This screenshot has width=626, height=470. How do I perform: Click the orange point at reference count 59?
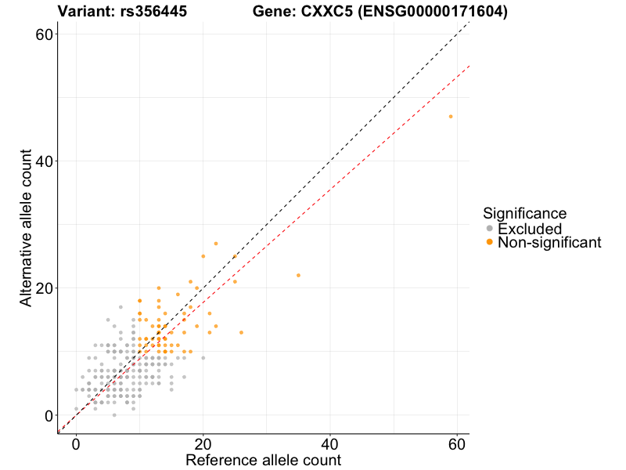tap(451, 116)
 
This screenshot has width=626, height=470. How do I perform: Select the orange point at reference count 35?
tap(298, 275)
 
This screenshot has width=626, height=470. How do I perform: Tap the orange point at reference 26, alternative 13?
tap(241, 332)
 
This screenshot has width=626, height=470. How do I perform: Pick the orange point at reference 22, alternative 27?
tap(216, 243)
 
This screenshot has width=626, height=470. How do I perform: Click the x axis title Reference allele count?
tap(263, 460)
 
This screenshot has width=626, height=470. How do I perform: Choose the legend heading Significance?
tap(524, 213)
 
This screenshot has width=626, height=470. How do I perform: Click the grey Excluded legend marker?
tap(490, 229)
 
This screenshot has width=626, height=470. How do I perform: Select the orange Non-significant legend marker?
tap(490, 243)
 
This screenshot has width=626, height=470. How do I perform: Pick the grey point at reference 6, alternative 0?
tap(114, 415)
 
